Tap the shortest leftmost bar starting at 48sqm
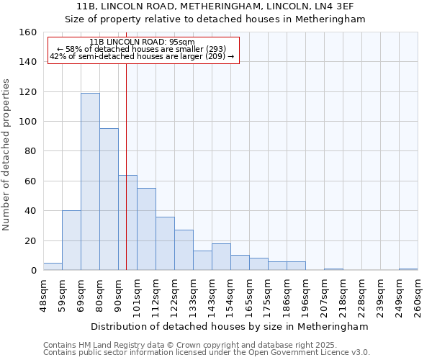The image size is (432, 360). (x=53, y=266)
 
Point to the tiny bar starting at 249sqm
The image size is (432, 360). (x=408, y=269)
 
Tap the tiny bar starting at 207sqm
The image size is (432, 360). (x=333, y=269)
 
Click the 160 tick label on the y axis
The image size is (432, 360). (x=27, y=32)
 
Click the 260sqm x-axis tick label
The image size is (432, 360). (x=418, y=297)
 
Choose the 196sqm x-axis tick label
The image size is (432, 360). (x=305, y=297)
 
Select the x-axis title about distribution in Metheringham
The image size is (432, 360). (x=230, y=326)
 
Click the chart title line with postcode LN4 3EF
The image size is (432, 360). (x=216, y=6)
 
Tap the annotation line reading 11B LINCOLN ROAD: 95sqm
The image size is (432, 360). (x=143, y=42)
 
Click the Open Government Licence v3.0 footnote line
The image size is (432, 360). (x=206, y=353)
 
